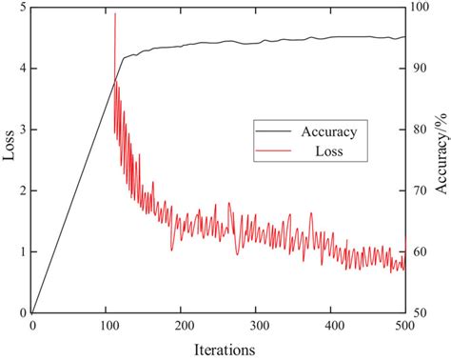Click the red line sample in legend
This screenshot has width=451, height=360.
click(270, 150)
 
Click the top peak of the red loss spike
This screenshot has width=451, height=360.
click(115, 13)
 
